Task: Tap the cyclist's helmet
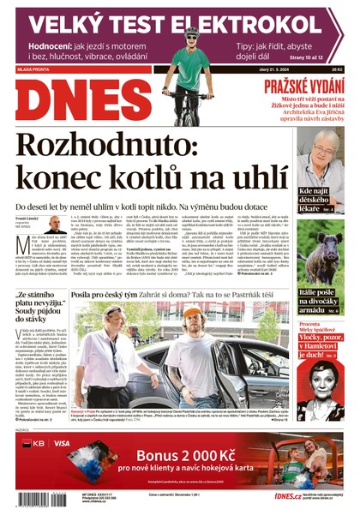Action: (x=192, y=32)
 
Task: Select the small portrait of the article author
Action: (x=54, y=224)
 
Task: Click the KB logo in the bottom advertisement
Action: (x=33, y=444)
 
